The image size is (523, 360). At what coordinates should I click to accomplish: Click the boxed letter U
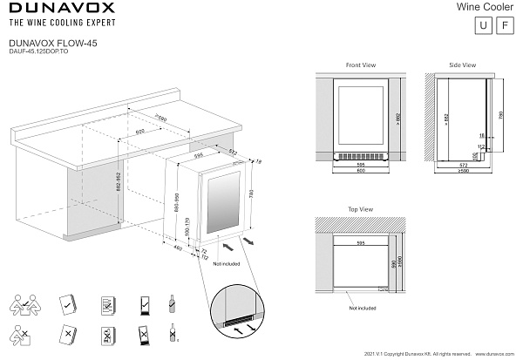pos(482,25)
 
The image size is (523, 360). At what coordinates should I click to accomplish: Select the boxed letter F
pos(503,25)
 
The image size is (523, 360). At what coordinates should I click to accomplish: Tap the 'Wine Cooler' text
pos(486,6)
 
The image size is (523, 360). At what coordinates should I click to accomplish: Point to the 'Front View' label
pos(360,65)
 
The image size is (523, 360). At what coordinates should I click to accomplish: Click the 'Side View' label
pos(462,65)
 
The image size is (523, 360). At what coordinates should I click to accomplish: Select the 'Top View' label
pos(360,210)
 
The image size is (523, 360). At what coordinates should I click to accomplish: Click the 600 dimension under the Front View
pos(359,169)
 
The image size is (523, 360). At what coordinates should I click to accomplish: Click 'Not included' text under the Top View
pos(362,308)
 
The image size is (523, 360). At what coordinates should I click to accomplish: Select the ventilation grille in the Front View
pos(359,156)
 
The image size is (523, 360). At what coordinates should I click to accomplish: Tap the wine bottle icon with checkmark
pos(172,302)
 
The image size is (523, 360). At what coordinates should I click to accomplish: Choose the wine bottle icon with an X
pos(172,334)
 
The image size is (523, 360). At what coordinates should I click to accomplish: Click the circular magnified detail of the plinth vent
pos(238,314)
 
